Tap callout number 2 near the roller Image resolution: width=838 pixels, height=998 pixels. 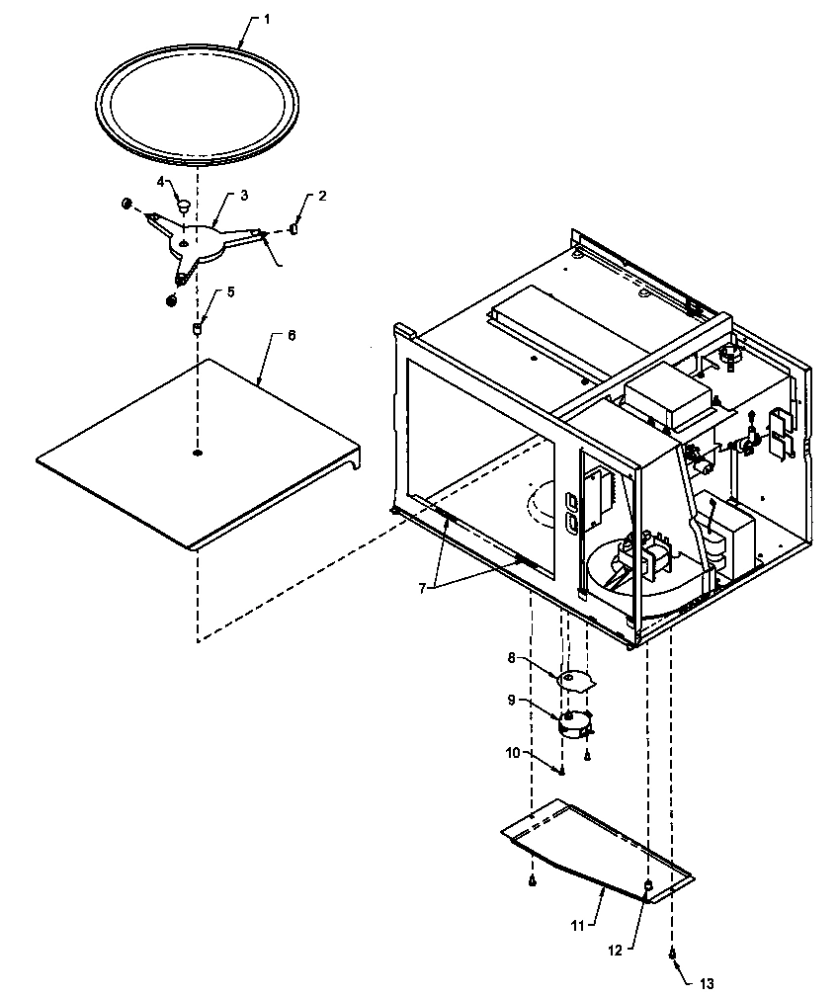coord(322,198)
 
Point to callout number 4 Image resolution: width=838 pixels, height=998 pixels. coord(161,181)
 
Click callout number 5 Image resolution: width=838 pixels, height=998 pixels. coord(230,291)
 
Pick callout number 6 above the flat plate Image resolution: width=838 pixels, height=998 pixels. coord(291,336)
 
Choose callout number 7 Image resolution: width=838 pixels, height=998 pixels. coord(421,587)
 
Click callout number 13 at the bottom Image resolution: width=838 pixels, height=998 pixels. coord(705,983)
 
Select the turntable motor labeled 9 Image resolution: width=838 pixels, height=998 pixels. coord(574,724)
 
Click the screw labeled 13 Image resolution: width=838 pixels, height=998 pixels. coord(672,954)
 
